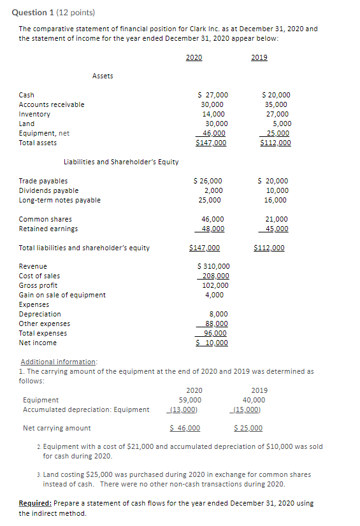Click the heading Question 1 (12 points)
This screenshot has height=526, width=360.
(x=48, y=13)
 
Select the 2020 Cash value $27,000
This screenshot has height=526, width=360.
(x=214, y=95)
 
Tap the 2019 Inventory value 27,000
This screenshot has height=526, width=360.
(x=276, y=114)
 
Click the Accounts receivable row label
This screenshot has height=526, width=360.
(x=52, y=104)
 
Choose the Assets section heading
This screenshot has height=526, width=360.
(x=103, y=76)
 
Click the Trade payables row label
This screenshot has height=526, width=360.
(x=43, y=181)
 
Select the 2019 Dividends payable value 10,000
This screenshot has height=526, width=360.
(x=277, y=190)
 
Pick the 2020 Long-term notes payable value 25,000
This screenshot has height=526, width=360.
(x=210, y=200)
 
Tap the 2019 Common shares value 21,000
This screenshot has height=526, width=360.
(x=276, y=219)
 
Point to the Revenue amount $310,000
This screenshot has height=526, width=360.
(x=214, y=266)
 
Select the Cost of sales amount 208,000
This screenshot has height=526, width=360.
(x=215, y=276)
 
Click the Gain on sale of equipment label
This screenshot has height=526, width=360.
(x=62, y=295)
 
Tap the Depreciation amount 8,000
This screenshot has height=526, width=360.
(x=219, y=314)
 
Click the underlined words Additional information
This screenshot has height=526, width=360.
(x=58, y=362)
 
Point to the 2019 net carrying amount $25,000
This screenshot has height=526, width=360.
(x=248, y=428)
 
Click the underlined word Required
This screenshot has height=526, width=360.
(x=35, y=503)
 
